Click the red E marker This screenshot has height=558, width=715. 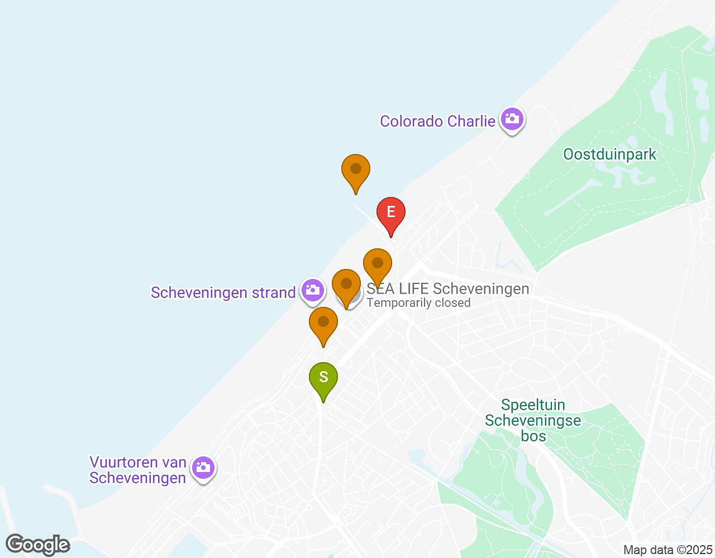click(x=391, y=212)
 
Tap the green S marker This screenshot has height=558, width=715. click(x=323, y=377)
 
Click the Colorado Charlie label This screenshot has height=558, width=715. click(x=437, y=121)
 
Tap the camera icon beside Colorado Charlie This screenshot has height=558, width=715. click(x=512, y=119)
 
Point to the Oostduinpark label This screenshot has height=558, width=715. click(x=609, y=154)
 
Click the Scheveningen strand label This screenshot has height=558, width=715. click(x=223, y=292)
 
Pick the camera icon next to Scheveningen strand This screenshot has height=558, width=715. click(x=312, y=290)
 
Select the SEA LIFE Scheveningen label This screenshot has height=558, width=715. click(x=448, y=288)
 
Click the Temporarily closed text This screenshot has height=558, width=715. click(x=418, y=303)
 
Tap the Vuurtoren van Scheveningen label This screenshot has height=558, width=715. click(x=137, y=470)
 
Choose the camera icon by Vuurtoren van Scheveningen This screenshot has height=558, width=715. click(x=203, y=467)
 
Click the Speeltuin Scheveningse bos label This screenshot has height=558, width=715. click(x=533, y=420)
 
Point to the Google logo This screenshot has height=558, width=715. click(x=38, y=545)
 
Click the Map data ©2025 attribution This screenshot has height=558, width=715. click(x=668, y=550)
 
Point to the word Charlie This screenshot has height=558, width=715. click(x=467, y=121)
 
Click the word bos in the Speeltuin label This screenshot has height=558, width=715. click(x=533, y=436)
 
